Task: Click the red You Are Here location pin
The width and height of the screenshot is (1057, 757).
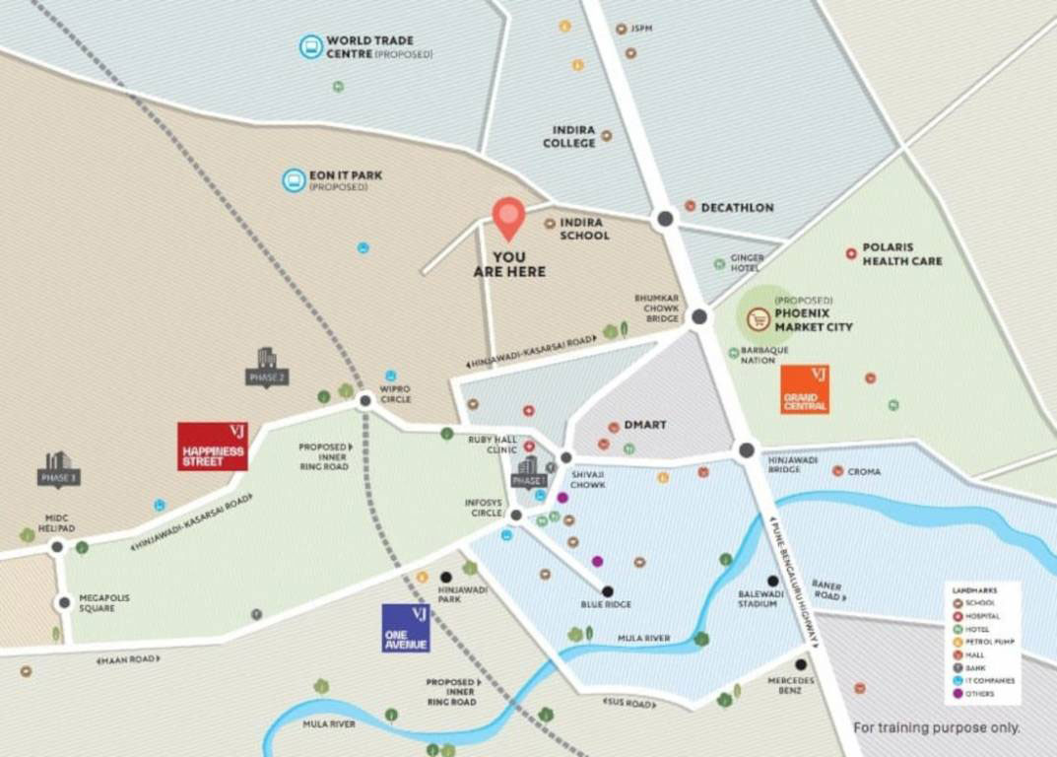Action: [508, 217]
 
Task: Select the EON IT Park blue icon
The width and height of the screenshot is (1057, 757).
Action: [294, 180]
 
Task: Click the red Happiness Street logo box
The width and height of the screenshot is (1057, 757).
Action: [213, 447]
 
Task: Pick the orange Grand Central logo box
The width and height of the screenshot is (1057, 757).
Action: [805, 389]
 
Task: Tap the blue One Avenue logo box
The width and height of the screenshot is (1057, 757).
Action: [406, 628]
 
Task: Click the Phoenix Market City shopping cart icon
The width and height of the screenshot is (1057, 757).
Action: [758, 319]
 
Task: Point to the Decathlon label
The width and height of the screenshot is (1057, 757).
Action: [737, 208]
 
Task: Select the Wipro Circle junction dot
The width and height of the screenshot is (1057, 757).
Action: [364, 400]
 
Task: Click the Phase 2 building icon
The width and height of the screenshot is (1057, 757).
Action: [266, 366]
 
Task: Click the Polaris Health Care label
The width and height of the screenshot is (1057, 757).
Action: [901, 254]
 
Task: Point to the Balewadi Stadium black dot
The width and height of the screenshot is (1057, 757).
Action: [772, 581]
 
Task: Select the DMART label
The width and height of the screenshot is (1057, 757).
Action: [645, 425]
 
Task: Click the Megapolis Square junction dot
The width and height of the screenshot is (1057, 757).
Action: [64, 602]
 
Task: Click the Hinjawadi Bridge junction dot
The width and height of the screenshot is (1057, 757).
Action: [746, 450]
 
